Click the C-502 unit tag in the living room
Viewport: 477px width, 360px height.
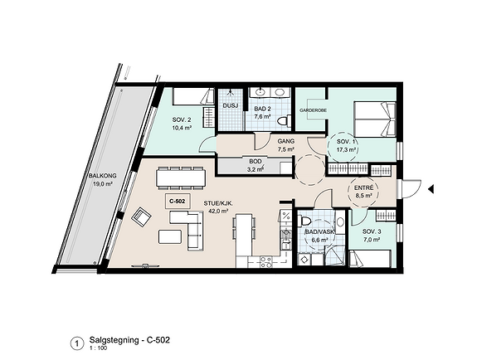click(178, 201)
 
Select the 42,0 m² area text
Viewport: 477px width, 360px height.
click(218, 211)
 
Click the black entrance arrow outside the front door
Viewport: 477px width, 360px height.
click(431, 189)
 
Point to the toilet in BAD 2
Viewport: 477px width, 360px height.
click(283, 120)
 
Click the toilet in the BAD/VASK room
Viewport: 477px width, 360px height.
click(304, 220)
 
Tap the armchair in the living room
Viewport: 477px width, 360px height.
click(142, 217)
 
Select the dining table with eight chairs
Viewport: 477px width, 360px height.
click(181, 178)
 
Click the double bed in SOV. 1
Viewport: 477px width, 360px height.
click(375, 119)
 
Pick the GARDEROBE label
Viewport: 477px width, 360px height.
click(313, 110)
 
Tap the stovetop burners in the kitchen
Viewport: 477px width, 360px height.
click(266, 262)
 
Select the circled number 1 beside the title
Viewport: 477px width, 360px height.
click(76, 344)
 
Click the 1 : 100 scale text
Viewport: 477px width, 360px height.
click(98, 348)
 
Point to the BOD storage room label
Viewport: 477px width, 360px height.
click(256, 161)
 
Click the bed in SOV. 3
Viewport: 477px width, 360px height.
click(370, 259)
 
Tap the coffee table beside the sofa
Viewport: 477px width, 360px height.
click(170, 236)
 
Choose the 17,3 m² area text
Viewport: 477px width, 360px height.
click(346, 149)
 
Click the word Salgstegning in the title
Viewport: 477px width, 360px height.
click(114, 340)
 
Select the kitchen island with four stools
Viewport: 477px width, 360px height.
click(244, 236)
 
